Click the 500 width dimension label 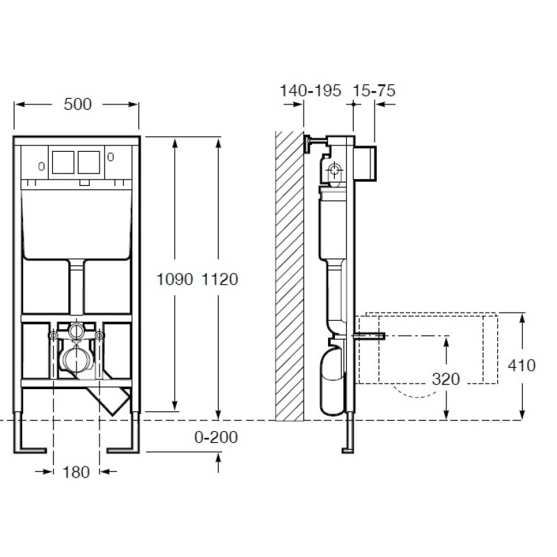pos(77,104)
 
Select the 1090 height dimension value pos(175,279)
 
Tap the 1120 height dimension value pos(219,279)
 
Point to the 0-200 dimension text pos(216,437)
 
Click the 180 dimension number pos(76,472)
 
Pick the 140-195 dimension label pos(311,91)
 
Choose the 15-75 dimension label pos(374,91)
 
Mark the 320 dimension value pos(446,379)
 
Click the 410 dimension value pos(521,365)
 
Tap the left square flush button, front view pos(63,162)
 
